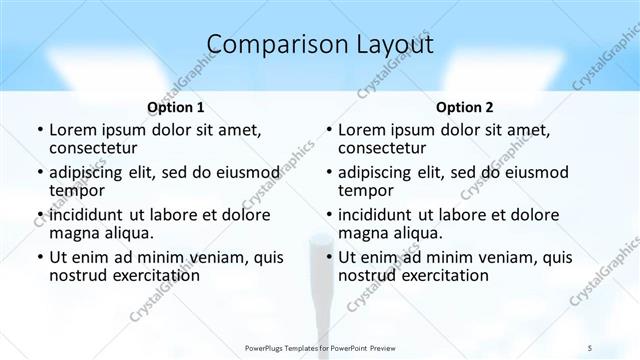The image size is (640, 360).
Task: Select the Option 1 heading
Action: tap(175, 107)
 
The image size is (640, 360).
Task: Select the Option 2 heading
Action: tap(465, 107)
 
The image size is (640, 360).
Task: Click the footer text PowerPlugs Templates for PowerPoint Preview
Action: tap(320, 347)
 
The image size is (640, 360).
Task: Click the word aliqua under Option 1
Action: tap(127, 233)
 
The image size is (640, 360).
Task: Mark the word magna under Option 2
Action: tap(364, 233)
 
